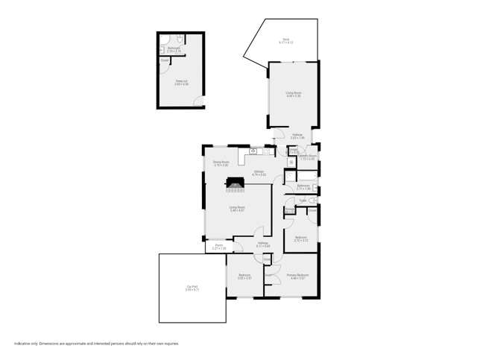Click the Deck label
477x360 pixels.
pyautogui.click(x=285, y=41)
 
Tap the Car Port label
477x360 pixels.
pyautogui.click(x=192, y=288)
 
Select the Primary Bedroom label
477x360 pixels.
pyautogui.click(x=297, y=276)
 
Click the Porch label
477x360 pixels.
pyautogui.click(x=219, y=247)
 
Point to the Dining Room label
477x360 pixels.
pyautogui.click(x=221, y=163)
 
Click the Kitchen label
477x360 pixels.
pyautogui.click(x=259, y=173)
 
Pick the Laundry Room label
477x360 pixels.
pyautogui.click(x=307, y=157)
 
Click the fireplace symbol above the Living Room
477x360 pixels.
pyautogui.click(x=236, y=181)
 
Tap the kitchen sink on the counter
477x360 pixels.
pyautogui.click(x=253, y=151)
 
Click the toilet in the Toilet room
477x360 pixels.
pyautogui.click(x=314, y=201)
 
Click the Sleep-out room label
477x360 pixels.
pyautogui.click(x=181, y=83)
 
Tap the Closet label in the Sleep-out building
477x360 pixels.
pyautogui.click(x=164, y=60)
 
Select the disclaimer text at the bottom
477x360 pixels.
pyautogui.click(x=96, y=344)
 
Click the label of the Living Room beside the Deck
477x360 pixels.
pyautogui.click(x=293, y=95)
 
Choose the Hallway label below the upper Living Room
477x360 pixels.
pyautogui.click(x=297, y=137)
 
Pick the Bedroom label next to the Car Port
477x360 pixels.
pyautogui.click(x=244, y=277)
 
